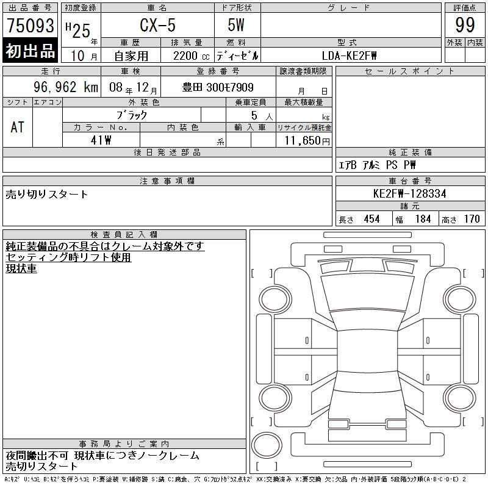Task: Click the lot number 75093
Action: (30, 25)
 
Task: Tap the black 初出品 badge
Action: (30, 51)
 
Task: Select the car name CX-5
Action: (157, 25)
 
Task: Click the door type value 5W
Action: (236, 25)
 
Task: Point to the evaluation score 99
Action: (465, 25)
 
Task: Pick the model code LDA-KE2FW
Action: (349, 56)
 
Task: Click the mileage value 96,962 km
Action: (66, 87)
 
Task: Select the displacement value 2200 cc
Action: (191, 56)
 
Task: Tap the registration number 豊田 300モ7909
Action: (218, 87)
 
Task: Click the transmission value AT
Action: (18, 127)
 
